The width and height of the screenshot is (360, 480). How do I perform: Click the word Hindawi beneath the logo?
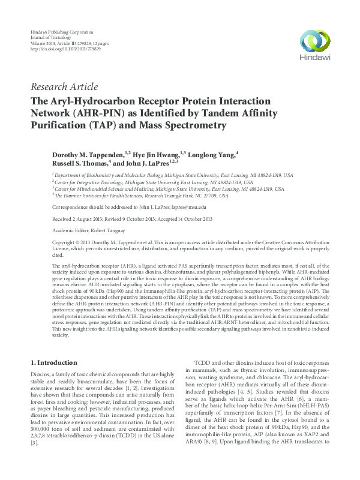pyautogui.click(x=311, y=58)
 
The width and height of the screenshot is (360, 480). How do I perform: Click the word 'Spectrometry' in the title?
pyautogui.click(x=191, y=126)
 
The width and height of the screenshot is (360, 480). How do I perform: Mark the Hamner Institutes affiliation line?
pyautogui.click(x=142, y=196)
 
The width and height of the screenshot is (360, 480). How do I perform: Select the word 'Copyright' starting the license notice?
pyautogui.click(x=65, y=242)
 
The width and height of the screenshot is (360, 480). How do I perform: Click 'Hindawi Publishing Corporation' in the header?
pyautogui.click(x=61, y=30)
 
